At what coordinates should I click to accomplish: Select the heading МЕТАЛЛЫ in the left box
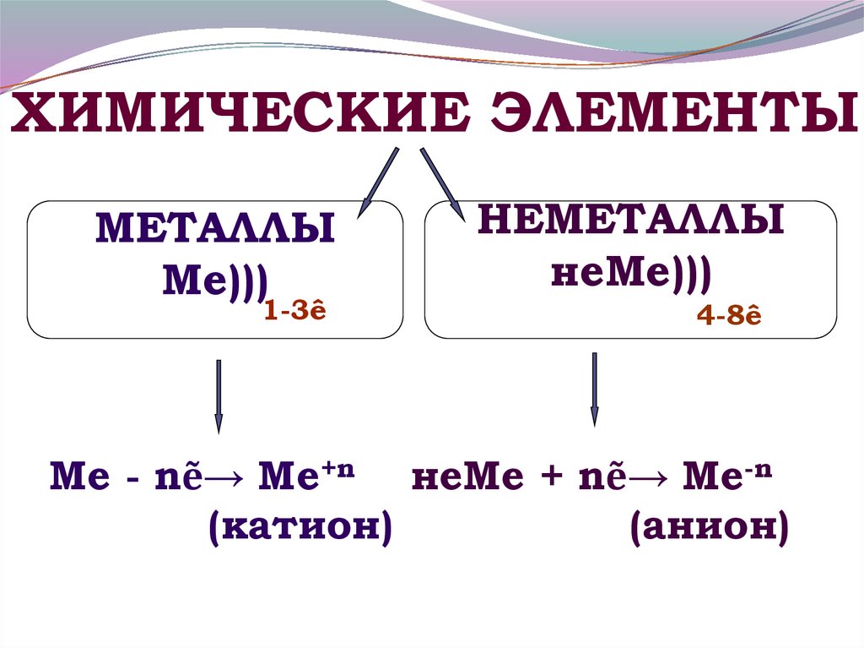tap(215, 229)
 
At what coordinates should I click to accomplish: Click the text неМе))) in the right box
tap(631, 271)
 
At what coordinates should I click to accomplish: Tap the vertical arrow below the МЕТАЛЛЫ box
tap(219, 395)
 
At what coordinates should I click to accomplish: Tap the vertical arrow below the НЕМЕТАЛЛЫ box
tap(595, 389)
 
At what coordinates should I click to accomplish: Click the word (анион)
tap(709, 529)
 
